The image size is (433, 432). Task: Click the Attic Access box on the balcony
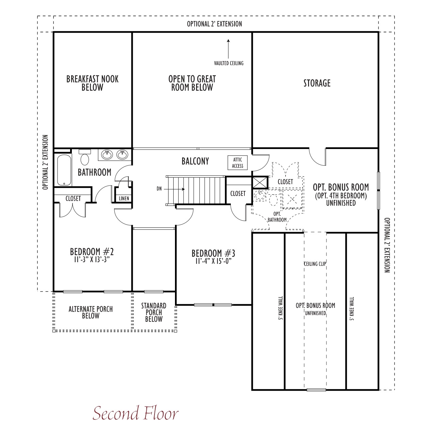[238, 163]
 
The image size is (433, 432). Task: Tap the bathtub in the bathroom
[64, 170]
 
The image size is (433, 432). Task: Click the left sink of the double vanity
[107, 154]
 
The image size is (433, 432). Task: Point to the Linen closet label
[124, 198]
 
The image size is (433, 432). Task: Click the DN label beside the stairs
[159, 189]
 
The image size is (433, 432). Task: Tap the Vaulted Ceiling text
[229, 63]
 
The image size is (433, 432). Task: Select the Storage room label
[317, 83]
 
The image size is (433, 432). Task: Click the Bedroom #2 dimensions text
[92, 259]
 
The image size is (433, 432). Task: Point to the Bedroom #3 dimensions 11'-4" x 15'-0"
[213, 261]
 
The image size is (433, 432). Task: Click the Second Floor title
[135, 413]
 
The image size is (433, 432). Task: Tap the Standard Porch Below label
[154, 312]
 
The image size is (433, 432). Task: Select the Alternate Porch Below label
[91, 312]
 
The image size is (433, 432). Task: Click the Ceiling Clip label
[315, 264]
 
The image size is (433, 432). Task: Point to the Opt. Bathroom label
[277, 217]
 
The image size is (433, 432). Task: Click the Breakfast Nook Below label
[92, 83]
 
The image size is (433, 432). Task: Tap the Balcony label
[195, 161]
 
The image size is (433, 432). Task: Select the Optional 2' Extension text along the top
[214, 24]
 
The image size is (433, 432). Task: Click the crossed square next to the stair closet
[260, 182]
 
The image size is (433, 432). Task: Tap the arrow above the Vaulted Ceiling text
[228, 49]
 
